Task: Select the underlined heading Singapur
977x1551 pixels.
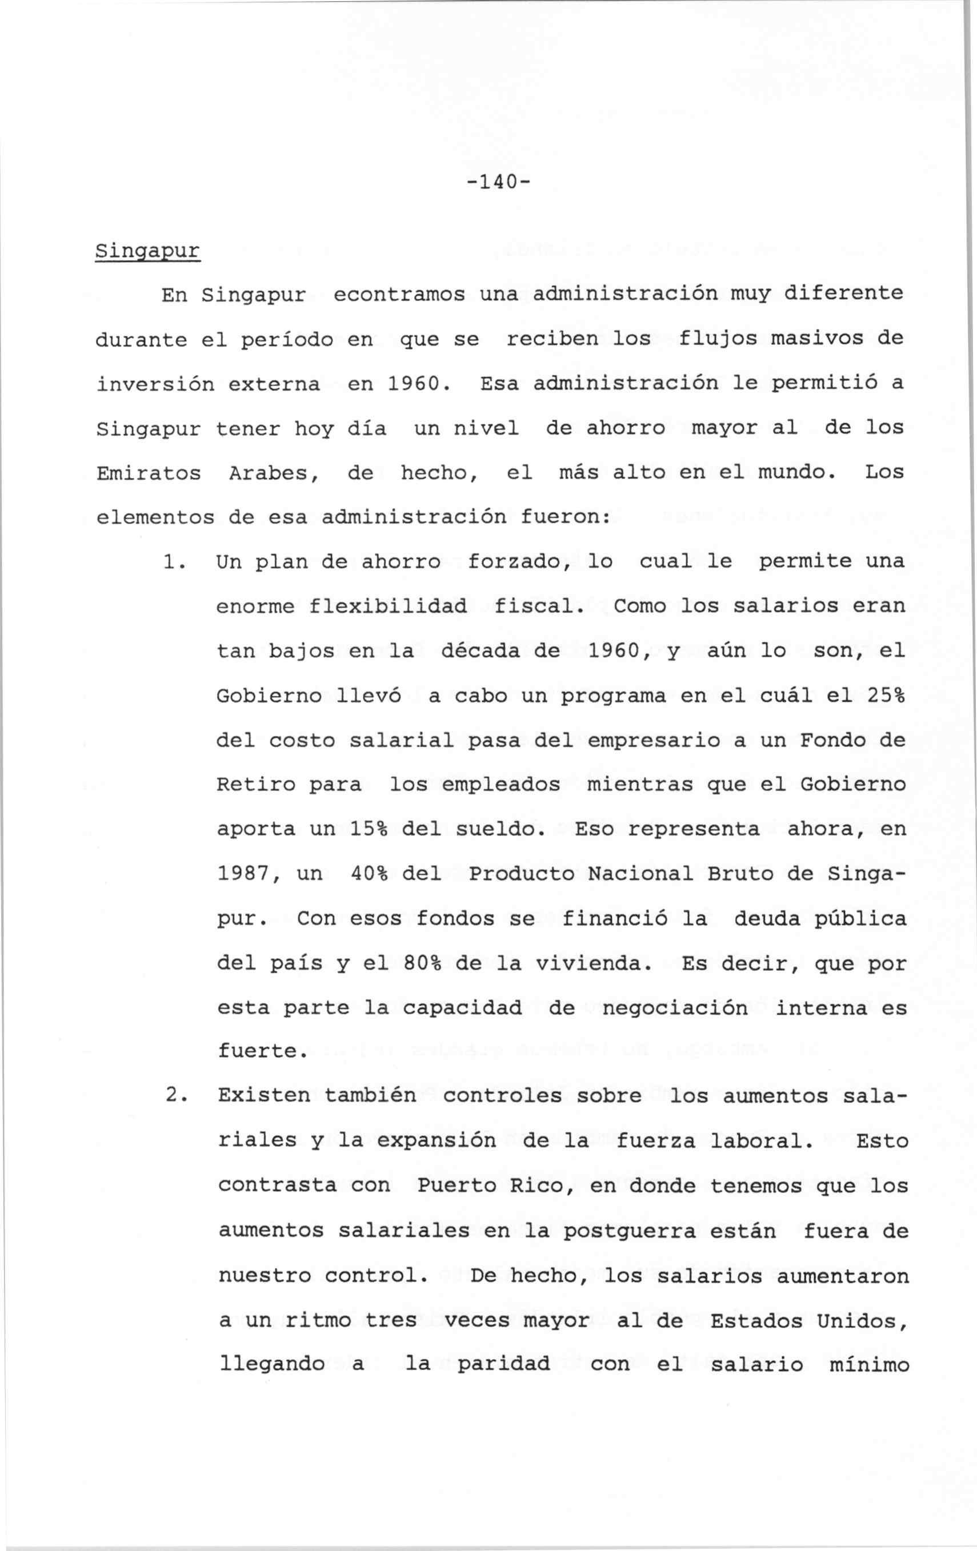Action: [x=147, y=251]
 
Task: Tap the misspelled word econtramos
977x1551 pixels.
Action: [x=399, y=294]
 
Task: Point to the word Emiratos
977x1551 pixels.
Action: [x=148, y=473]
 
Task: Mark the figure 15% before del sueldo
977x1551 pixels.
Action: [x=369, y=829]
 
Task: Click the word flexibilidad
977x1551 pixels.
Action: [x=388, y=606]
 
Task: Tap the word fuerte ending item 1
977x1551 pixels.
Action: [x=262, y=1051]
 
